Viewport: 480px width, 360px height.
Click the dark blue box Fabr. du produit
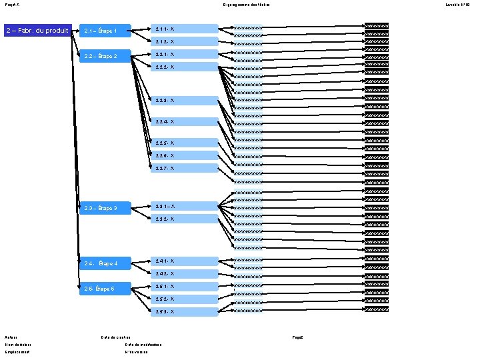37,30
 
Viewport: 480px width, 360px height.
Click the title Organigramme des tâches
241,5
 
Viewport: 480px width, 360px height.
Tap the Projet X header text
12,5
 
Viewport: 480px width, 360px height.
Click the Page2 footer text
297,337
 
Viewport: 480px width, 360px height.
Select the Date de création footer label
115,337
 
